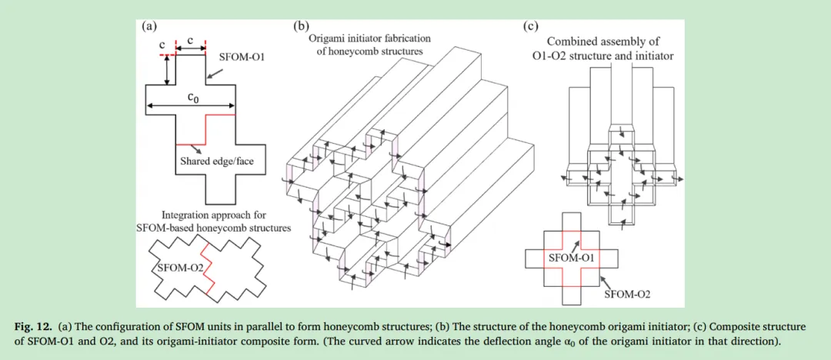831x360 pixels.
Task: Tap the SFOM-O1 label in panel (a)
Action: (242, 57)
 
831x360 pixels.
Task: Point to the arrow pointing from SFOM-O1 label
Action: (216, 72)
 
